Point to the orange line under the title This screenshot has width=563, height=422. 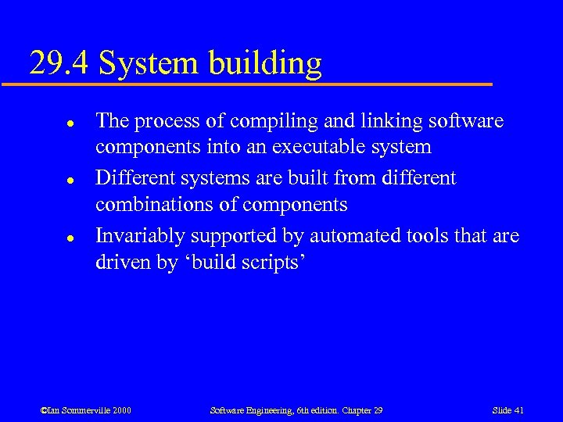[x=258, y=84]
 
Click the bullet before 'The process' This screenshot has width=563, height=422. [x=48, y=123]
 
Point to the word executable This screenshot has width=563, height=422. [x=332, y=147]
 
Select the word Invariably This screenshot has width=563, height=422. [x=141, y=236]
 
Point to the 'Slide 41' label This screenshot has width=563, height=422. [x=508, y=410]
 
